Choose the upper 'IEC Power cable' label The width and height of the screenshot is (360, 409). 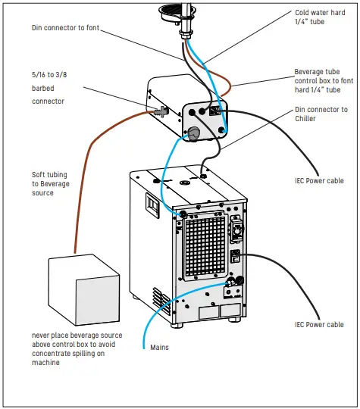[x=319, y=181]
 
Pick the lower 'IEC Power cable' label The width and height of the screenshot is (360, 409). [x=319, y=325]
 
